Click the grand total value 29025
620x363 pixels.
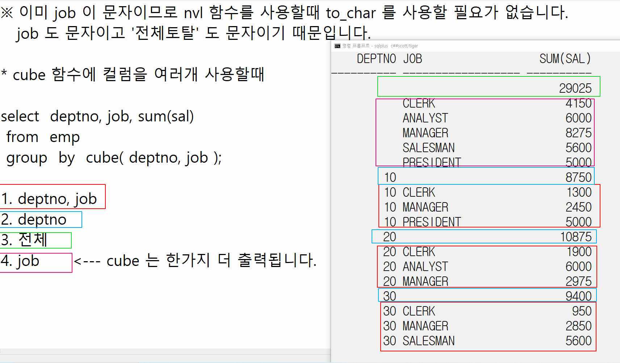pos(575,88)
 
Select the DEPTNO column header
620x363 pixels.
pos(376,59)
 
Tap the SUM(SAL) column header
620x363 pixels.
pos(565,59)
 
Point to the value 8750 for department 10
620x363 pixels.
pos(578,177)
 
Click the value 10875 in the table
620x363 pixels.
pos(576,237)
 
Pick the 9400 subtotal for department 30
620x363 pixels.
pos(578,296)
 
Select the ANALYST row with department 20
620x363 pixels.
pos(425,266)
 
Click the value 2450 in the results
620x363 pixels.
pos(578,207)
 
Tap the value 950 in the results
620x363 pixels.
pos(582,311)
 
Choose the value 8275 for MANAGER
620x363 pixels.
pos(578,133)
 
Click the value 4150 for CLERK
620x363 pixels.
pos(578,103)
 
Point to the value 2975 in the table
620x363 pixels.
pos(578,281)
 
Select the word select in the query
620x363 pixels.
pos(20,116)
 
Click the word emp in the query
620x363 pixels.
pos(64,137)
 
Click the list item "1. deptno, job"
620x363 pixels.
pos(49,199)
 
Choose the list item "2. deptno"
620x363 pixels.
pos(34,219)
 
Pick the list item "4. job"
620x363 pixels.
pos(20,261)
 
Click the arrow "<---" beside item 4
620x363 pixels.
pos(87,261)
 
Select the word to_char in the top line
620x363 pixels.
pos(351,13)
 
